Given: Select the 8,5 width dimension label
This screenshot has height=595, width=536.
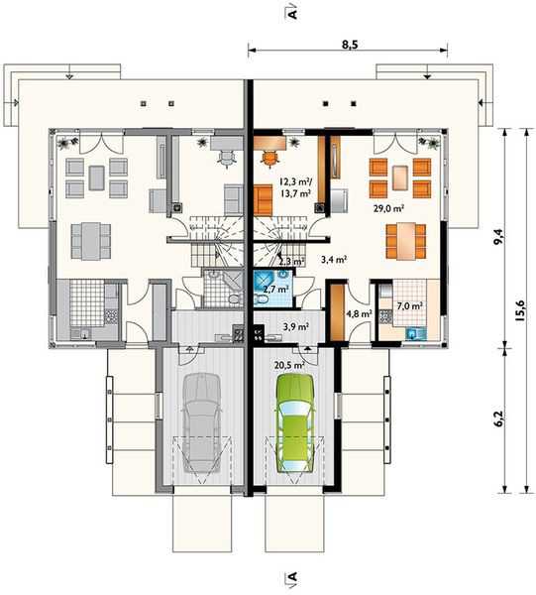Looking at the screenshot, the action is [x=350, y=45].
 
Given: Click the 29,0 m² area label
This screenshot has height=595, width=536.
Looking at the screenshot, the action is [x=388, y=208].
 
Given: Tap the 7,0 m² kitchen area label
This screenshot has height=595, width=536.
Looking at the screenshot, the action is [x=410, y=305].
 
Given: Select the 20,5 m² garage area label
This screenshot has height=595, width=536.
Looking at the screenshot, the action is [x=290, y=365].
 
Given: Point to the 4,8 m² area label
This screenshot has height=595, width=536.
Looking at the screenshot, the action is [x=359, y=313].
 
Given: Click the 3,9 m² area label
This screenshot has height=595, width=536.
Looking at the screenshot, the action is [x=296, y=326].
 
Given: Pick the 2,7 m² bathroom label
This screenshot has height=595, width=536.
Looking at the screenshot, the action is [x=276, y=290].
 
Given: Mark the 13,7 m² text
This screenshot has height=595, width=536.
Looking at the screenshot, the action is [x=296, y=193].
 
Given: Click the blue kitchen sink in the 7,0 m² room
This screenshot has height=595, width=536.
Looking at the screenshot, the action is [x=416, y=334].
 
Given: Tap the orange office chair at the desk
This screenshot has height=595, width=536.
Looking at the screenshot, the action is [x=269, y=159].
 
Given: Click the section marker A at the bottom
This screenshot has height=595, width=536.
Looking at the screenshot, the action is [x=291, y=578].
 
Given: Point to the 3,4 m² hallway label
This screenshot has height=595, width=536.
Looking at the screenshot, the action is [x=334, y=260].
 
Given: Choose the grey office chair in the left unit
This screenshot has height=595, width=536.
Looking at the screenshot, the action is [x=226, y=159].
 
